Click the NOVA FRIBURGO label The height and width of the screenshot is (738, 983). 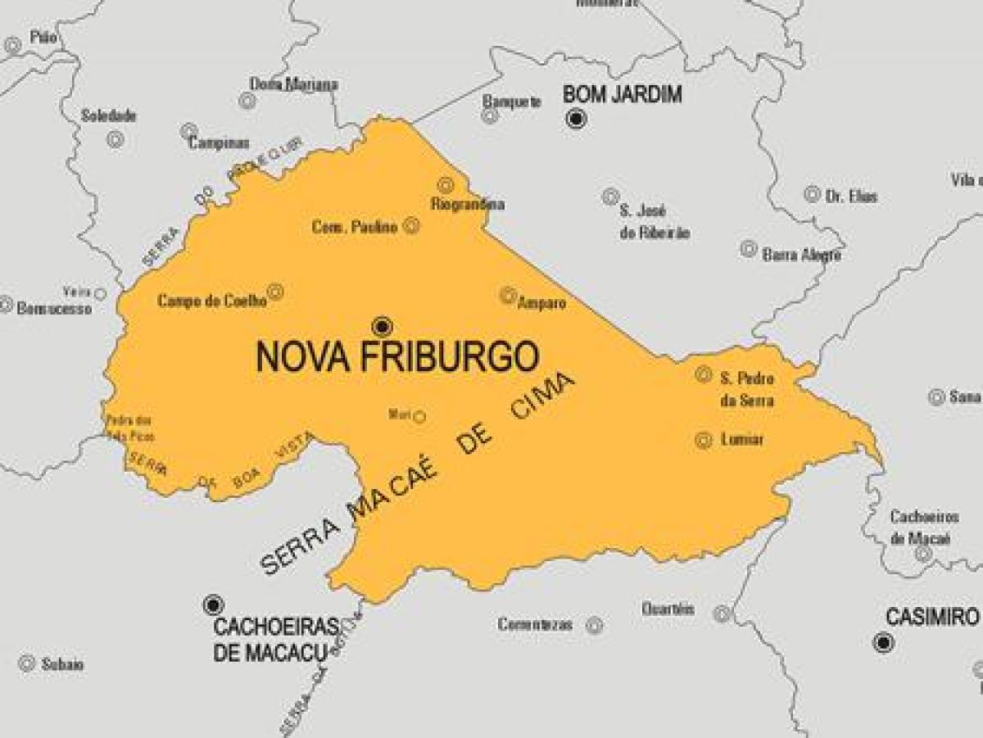click(398, 357)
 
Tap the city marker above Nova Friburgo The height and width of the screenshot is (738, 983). click(382, 327)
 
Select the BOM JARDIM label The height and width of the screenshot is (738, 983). click(623, 95)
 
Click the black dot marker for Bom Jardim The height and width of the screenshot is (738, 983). click(577, 120)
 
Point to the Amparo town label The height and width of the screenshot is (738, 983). click(541, 303)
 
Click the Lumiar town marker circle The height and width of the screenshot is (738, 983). click(703, 440)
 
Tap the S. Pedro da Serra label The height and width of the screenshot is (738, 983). click(746, 389)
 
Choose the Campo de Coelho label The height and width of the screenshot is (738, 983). click(212, 301)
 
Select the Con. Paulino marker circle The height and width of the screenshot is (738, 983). click(411, 226)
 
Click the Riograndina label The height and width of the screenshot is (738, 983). click(467, 204)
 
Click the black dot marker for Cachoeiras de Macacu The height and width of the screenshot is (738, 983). click(213, 604)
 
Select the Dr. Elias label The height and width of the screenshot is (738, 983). click(852, 197)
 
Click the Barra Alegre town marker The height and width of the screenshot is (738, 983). click(748, 249)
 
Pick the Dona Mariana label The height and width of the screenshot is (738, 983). click(293, 84)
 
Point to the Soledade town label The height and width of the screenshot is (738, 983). click(108, 116)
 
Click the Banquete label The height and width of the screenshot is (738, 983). click(512, 102)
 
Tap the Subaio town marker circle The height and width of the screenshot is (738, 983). click(26, 663)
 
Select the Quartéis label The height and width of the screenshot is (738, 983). click(668, 609)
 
